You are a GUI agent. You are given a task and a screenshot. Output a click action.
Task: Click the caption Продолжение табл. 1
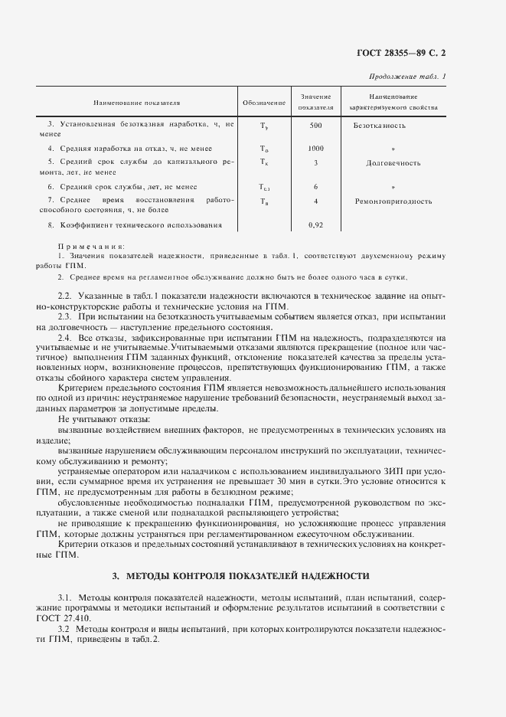[408, 77]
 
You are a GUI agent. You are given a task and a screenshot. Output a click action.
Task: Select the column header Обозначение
[264, 103]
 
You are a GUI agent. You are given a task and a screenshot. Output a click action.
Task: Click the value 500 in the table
[315, 125]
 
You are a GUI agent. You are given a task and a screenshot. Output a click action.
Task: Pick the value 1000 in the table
[315, 148]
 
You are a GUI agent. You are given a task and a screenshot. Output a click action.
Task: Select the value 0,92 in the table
[315, 225]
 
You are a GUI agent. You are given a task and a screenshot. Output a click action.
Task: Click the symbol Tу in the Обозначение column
[264, 126]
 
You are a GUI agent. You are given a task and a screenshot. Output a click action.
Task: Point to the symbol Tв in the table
[264, 202]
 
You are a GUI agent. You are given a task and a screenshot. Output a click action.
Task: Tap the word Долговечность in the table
[393, 163]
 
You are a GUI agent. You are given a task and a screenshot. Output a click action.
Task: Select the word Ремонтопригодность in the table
[393, 201]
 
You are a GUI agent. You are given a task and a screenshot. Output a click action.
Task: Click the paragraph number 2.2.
[65, 295]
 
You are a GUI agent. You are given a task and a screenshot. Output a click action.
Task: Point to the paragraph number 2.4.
[65, 336]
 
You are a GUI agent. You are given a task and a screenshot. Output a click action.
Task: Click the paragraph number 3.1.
[65, 595]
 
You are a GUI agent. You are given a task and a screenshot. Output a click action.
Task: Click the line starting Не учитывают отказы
[103, 419]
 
